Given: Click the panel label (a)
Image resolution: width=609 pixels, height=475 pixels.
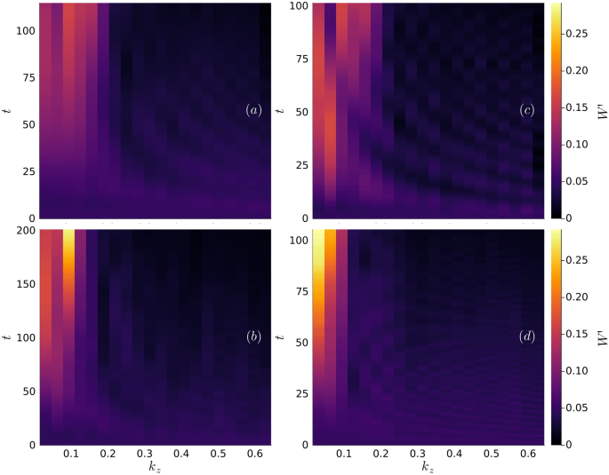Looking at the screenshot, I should pyautogui.click(x=253, y=111).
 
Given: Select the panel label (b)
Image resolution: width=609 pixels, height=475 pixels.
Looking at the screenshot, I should pyautogui.click(x=253, y=337).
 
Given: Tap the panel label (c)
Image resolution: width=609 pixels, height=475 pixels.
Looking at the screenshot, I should pyautogui.click(x=526, y=111).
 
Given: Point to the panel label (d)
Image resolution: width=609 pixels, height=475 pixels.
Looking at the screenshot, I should pyautogui.click(x=526, y=337).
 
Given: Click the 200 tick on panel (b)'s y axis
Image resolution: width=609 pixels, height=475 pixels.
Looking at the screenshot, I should pyautogui.click(x=23, y=231).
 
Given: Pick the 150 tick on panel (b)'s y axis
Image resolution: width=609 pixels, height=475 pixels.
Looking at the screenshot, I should pyautogui.click(x=23, y=284).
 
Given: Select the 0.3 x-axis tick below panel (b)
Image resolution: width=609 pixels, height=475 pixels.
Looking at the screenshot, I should pyautogui.click(x=143, y=455).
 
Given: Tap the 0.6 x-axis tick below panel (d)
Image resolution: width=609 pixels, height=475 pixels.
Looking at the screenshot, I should pyautogui.click(x=525, y=455).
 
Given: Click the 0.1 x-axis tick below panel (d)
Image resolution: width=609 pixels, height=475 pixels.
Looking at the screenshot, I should pyautogui.click(x=343, y=455).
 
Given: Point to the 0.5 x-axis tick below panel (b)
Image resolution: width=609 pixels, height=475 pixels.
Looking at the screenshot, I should pyautogui.click(x=217, y=455).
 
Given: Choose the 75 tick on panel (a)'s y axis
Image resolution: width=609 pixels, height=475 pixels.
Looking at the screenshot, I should pyautogui.click(x=26, y=78).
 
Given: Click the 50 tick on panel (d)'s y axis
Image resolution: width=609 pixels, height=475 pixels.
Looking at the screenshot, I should pyautogui.click(x=298, y=342).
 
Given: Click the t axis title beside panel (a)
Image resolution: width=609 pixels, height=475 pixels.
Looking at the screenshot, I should pyautogui.click(x=7, y=111).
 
